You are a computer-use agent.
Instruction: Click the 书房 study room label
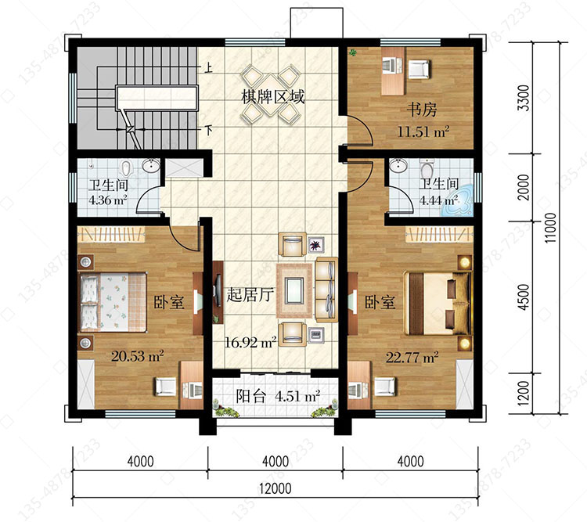click(x=422, y=110)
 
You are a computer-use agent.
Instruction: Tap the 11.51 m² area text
click(x=423, y=131)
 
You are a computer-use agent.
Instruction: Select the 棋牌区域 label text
click(x=273, y=96)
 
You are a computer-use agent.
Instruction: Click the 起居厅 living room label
click(x=250, y=295)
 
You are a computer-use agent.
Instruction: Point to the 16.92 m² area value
click(x=250, y=342)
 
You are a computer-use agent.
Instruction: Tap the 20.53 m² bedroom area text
click(x=138, y=356)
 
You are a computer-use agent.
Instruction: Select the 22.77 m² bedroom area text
click(x=412, y=358)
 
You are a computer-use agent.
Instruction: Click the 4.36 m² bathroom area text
click(x=108, y=200)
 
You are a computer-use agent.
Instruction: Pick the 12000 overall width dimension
click(x=275, y=488)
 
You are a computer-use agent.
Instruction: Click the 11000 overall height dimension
click(x=551, y=228)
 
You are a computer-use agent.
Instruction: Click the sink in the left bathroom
click(x=151, y=165)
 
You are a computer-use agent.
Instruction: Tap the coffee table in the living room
click(x=294, y=290)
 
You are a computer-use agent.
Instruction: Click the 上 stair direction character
click(x=208, y=68)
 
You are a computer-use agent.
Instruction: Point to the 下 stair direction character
click(x=208, y=131)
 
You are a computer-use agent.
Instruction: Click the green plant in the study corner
click(x=353, y=52)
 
